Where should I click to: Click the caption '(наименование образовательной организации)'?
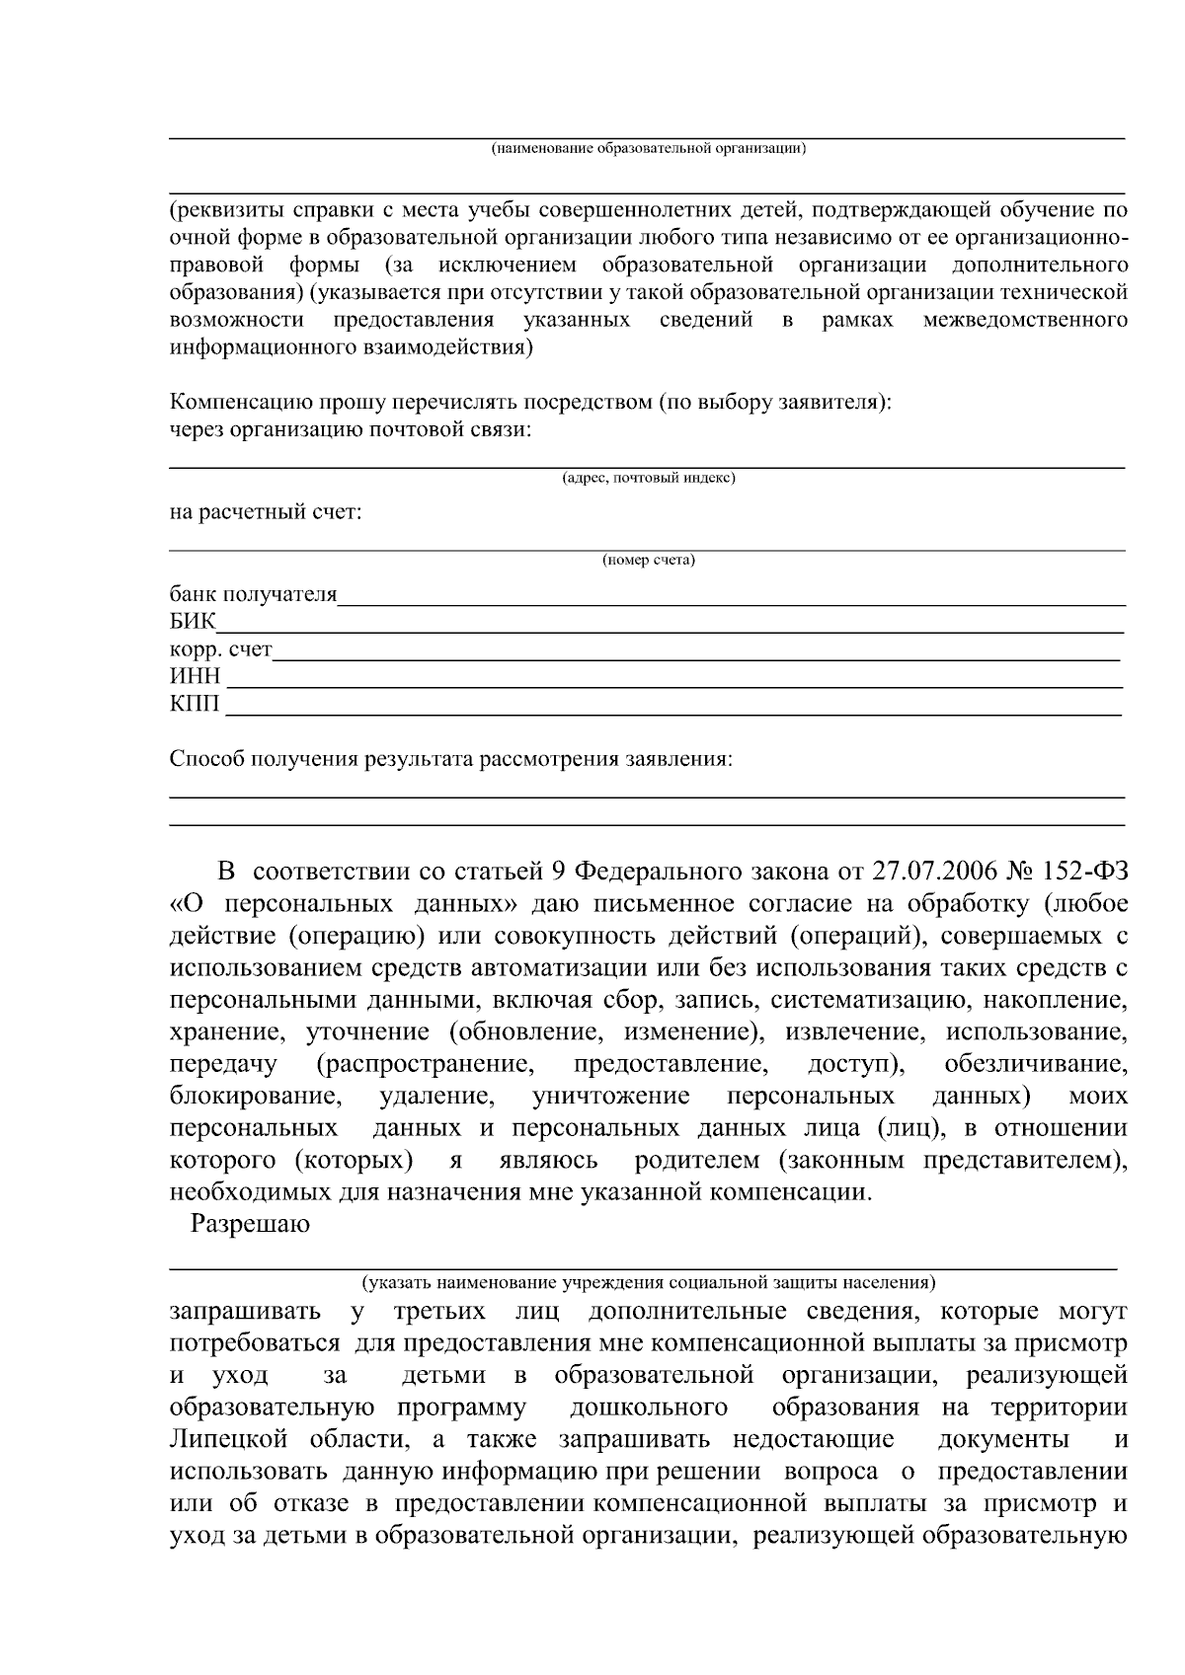tap(648, 149)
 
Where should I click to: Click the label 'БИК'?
tap(191, 622)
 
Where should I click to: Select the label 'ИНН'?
tap(195, 677)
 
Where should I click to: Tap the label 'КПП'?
tap(195, 705)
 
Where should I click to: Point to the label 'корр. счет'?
tap(220, 649)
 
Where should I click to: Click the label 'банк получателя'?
tap(253, 594)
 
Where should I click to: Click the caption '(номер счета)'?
tap(648, 561)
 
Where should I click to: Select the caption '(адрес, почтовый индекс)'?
tap(648, 479)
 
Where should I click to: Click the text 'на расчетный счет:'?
tap(266, 513)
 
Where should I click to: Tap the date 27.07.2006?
tap(933, 872)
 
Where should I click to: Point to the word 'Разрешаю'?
tap(250, 1224)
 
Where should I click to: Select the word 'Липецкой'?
tap(224, 1439)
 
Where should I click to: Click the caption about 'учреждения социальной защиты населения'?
tap(648, 1283)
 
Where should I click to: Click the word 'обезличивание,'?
tap(1035, 1065)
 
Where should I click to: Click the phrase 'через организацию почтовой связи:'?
tap(350, 430)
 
